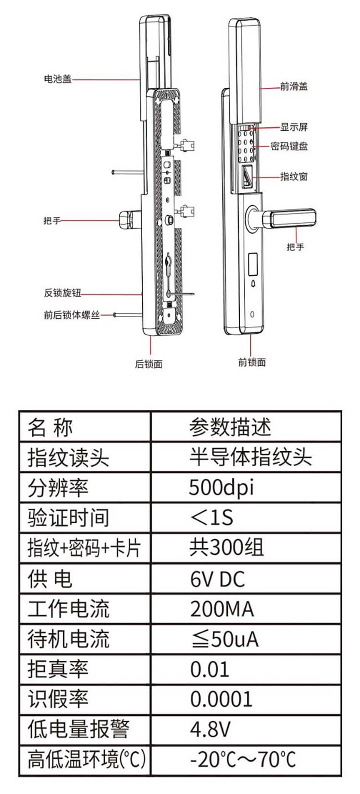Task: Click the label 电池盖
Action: pyautogui.click(x=58, y=79)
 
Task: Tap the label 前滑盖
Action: pyautogui.click(x=294, y=86)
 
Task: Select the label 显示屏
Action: pyautogui.click(x=294, y=127)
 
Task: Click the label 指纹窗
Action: pyautogui.click(x=294, y=176)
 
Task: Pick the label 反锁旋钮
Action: pyautogui.click(x=62, y=293)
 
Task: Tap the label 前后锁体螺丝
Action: pyautogui.click(x=72, y=315)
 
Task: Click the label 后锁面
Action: pyautogui.click(x=149, y=364)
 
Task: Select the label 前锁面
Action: pyautogui.click(x=252, y=362)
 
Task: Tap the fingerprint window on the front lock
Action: pyautogui.click(x=246, y=176)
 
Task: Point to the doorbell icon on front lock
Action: pyautogui.click(x=253, y=284)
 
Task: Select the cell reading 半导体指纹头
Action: pyautogui.click(x=251, y=457)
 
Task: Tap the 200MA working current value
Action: pyautogui.click(x=222, y=609)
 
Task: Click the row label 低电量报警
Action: pyautogui.click(x=78, y=729)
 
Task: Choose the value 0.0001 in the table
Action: pyautogui.click(x=221, y=699)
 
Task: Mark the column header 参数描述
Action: pyautogui.click(x=230, y=427)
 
